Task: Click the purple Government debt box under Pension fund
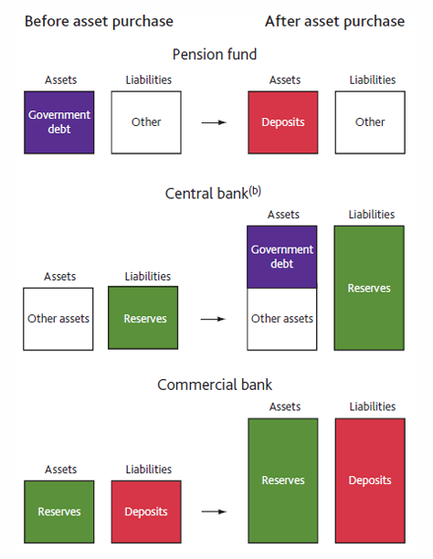pos(60,122)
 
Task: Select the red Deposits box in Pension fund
pos(284,122)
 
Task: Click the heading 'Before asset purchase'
pos(99,21)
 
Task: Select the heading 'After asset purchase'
pos(334,21)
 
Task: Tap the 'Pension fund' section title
pos(216,55)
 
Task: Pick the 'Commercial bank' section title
pos(215,385)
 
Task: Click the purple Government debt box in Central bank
pos(283,257)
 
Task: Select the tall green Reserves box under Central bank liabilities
pos(369,288)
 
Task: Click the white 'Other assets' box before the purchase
pos(60,319)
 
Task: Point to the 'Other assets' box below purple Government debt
pos(283,319)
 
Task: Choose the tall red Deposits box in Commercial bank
pos(369,480)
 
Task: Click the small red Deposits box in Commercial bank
pos(143,512)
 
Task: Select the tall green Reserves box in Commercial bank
pos(283,480)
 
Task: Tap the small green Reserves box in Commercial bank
pos(60,512)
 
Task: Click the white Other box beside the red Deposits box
pos(369,122)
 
